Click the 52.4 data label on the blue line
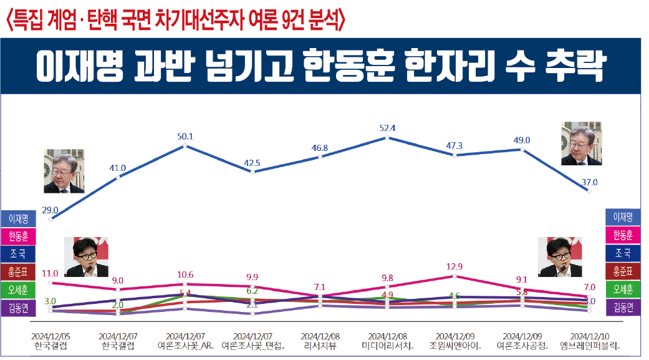click(387, 128)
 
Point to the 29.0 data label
click(50, 210)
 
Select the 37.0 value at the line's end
click(590, 183)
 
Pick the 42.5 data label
click(252, 163)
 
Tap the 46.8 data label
click(320, 148)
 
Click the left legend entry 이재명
click(18, 219)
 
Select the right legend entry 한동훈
click(623, 235)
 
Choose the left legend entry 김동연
click(18, 308)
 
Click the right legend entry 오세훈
click(623, 289)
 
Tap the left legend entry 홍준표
click(18, 272)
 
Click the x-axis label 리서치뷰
click(320, 345)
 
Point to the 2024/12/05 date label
click(50, 336)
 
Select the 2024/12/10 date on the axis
click(590, 336)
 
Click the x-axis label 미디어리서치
click(387, 345)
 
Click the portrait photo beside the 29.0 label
click(64, 171)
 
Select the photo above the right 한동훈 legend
click(564, 257)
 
